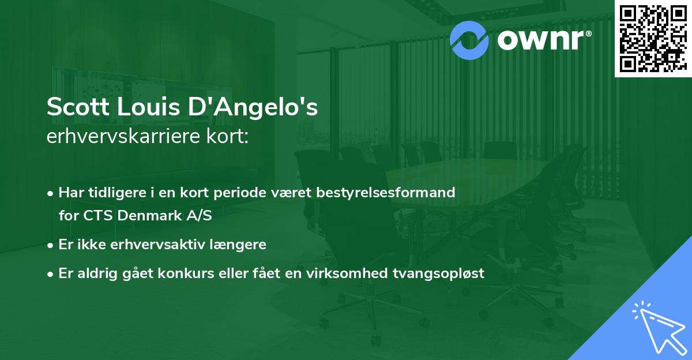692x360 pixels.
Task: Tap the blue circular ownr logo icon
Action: click(468, 40)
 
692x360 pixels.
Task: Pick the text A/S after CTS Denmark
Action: click(200, 216)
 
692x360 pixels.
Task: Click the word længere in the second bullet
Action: click(238, 245)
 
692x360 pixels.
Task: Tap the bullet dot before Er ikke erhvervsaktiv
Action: click(51, 245)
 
